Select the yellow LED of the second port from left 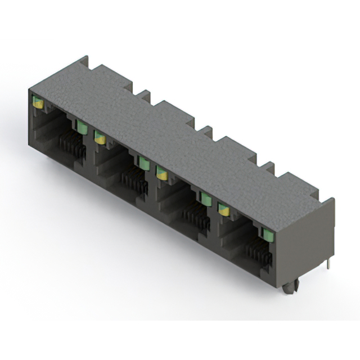pyautogui.click(x=100, y=137)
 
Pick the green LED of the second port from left pyautogui.click(x=144, y=163)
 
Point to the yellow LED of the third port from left pyautogui.click(x=162, y=173)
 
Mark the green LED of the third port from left pyautogui.click(x=206, y=198)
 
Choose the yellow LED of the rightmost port pyautogui.click(x=224, y=210)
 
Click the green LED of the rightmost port pyautogui.click(x=265, y=232)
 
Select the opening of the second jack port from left pyautogui.click(x=115, y=169)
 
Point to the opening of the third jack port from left pyautogui.click(x=178, y=205)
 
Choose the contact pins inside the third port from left pyautogui.click(x=197, y=219)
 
